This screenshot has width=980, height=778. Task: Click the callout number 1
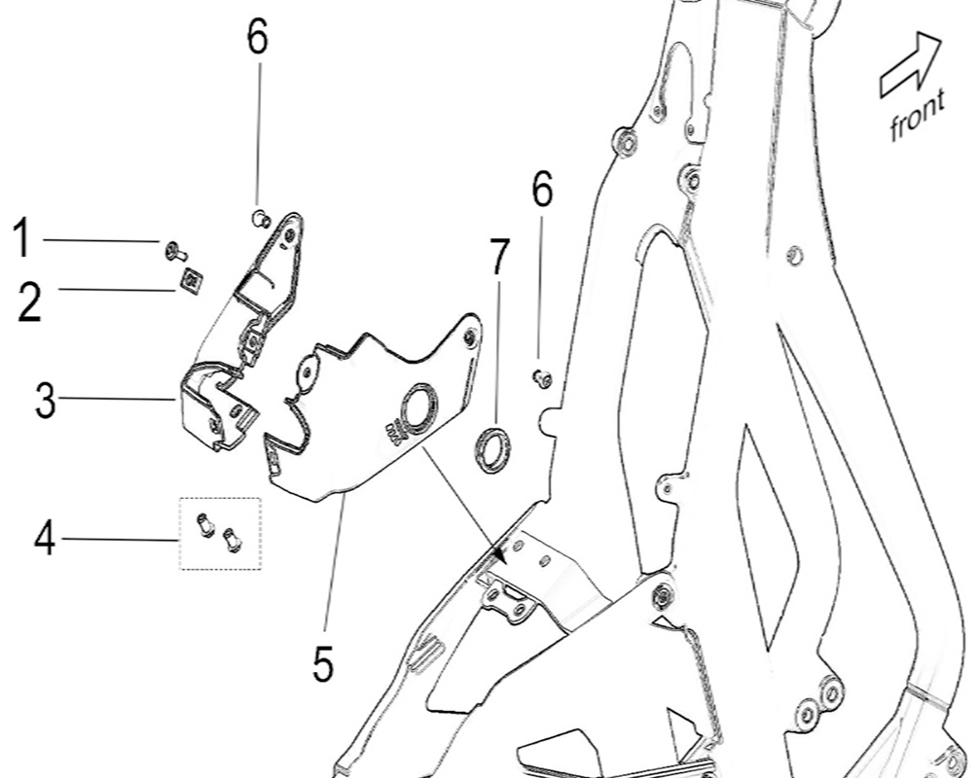coord(21,239)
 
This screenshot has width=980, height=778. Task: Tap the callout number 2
coord(29,301)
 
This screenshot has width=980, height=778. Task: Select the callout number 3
coord(45,400)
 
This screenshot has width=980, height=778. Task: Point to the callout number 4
coord(45,538)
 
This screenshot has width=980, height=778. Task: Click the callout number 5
coord(323,665)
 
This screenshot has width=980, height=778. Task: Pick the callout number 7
coord(498,258)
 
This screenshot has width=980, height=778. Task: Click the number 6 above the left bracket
coord(257,39)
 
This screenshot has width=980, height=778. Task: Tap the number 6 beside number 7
coord(542,190)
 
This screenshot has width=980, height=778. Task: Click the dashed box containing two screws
coord(219,533)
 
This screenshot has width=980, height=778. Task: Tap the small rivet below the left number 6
coord(259,217)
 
